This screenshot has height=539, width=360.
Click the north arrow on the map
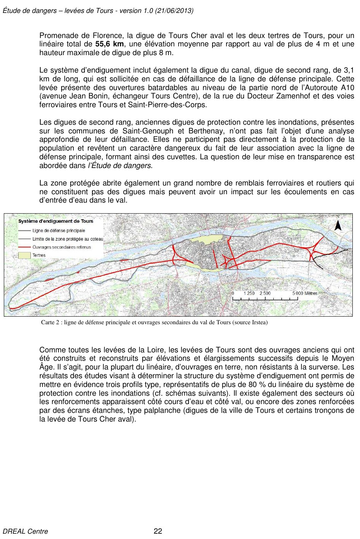pos(338,225)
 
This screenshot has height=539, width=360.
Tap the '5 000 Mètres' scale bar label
pos(304,293)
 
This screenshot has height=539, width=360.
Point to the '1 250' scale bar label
pos(249,293)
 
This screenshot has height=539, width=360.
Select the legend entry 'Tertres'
pos(39,255)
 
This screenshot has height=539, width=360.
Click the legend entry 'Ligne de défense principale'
pos(59,231)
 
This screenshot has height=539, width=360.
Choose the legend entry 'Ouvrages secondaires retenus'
pos(62,247)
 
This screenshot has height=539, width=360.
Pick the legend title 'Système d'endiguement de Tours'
pos(56,221)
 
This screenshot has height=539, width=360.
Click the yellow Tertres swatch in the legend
pos(24,255)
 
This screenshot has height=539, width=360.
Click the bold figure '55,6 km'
pos(109,44)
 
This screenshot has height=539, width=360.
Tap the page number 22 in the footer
pos(158,531)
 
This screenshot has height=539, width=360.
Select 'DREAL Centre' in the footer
pos(25,531)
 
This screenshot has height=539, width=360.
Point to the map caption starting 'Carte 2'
pos(154,322)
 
